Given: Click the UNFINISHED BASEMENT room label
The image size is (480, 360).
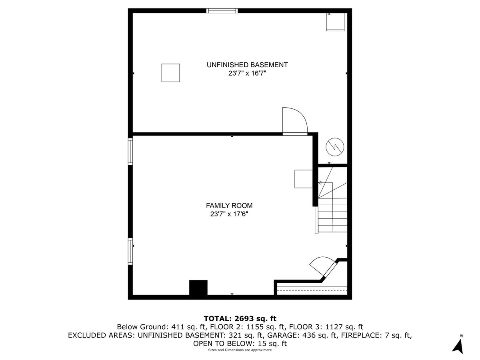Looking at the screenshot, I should point(247,65).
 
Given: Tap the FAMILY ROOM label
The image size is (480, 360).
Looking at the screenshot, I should point(229,206).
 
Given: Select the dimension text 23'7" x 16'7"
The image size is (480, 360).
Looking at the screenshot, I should point(247,73).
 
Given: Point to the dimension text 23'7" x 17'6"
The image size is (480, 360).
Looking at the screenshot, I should point(229,214).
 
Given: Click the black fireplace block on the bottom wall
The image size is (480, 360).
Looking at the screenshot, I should point(198,288).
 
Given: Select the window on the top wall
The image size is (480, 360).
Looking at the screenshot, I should point(222,11).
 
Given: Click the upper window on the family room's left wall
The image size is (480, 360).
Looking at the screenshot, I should point(130,151).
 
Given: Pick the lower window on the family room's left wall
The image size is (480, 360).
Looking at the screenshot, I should point(130,251).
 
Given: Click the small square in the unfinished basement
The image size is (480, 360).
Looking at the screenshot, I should point(170,73).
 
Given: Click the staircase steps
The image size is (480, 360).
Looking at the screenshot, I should point(332,216).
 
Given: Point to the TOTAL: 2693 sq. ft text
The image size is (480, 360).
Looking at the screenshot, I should point(240,318).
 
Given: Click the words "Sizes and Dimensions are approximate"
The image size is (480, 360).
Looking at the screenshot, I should point(240,350).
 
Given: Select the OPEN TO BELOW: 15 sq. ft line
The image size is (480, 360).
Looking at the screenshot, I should point(240,344).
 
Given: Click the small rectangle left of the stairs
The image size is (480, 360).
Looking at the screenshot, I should point(303,178).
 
